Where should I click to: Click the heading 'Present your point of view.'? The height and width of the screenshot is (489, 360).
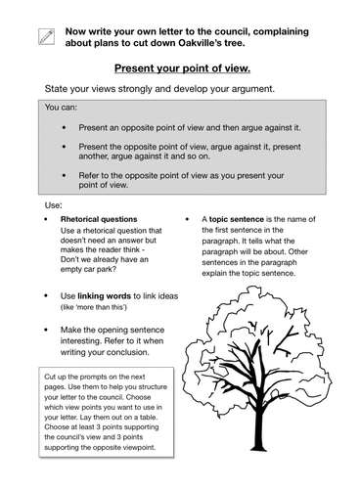183,70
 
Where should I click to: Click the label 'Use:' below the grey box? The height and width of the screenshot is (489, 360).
53,205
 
